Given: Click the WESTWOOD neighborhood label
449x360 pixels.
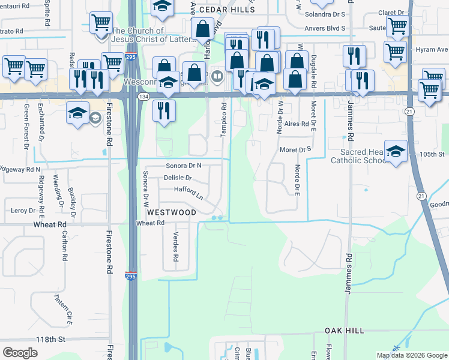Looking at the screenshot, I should point(171,212).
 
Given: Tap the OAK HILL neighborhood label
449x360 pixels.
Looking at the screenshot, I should point(345,331).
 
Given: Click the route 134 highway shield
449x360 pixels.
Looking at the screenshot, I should point(143,96).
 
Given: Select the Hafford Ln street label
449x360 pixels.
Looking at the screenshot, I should point(189,191).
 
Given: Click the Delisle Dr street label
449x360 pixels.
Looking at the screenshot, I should point(178,178).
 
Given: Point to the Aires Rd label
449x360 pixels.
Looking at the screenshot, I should point(296,124).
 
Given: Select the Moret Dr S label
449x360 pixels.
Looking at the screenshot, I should point(297,149).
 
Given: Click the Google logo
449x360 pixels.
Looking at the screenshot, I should point(20,352).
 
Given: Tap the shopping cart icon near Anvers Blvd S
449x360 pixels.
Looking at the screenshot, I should point(397,26).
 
